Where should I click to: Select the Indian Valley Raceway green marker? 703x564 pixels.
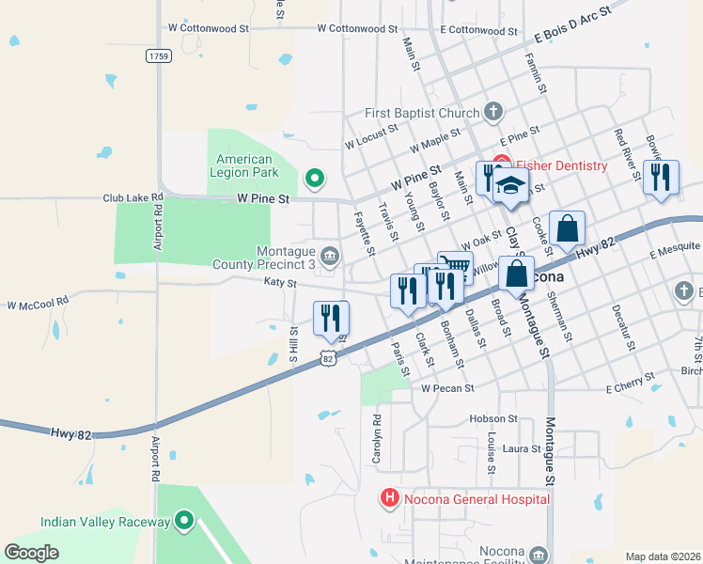pyautogui.click(x=184, y=521)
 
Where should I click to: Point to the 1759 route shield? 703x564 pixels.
pyautogui.click(x=159, y=56)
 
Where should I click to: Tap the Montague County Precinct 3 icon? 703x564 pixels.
pyautogui.click(x=330, y=255)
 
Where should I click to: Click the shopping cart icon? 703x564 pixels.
pyautogui.click(x=455, y=267)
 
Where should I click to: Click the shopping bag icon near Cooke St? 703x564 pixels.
pyautogui.click(x=567, y=229)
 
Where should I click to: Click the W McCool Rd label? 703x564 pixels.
pyautogui.click(x=39, y=304)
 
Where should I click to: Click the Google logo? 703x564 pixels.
pyautogui.click(x=32, y=553)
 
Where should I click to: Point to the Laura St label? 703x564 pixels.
pyautogui.click(x=522, y=449)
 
